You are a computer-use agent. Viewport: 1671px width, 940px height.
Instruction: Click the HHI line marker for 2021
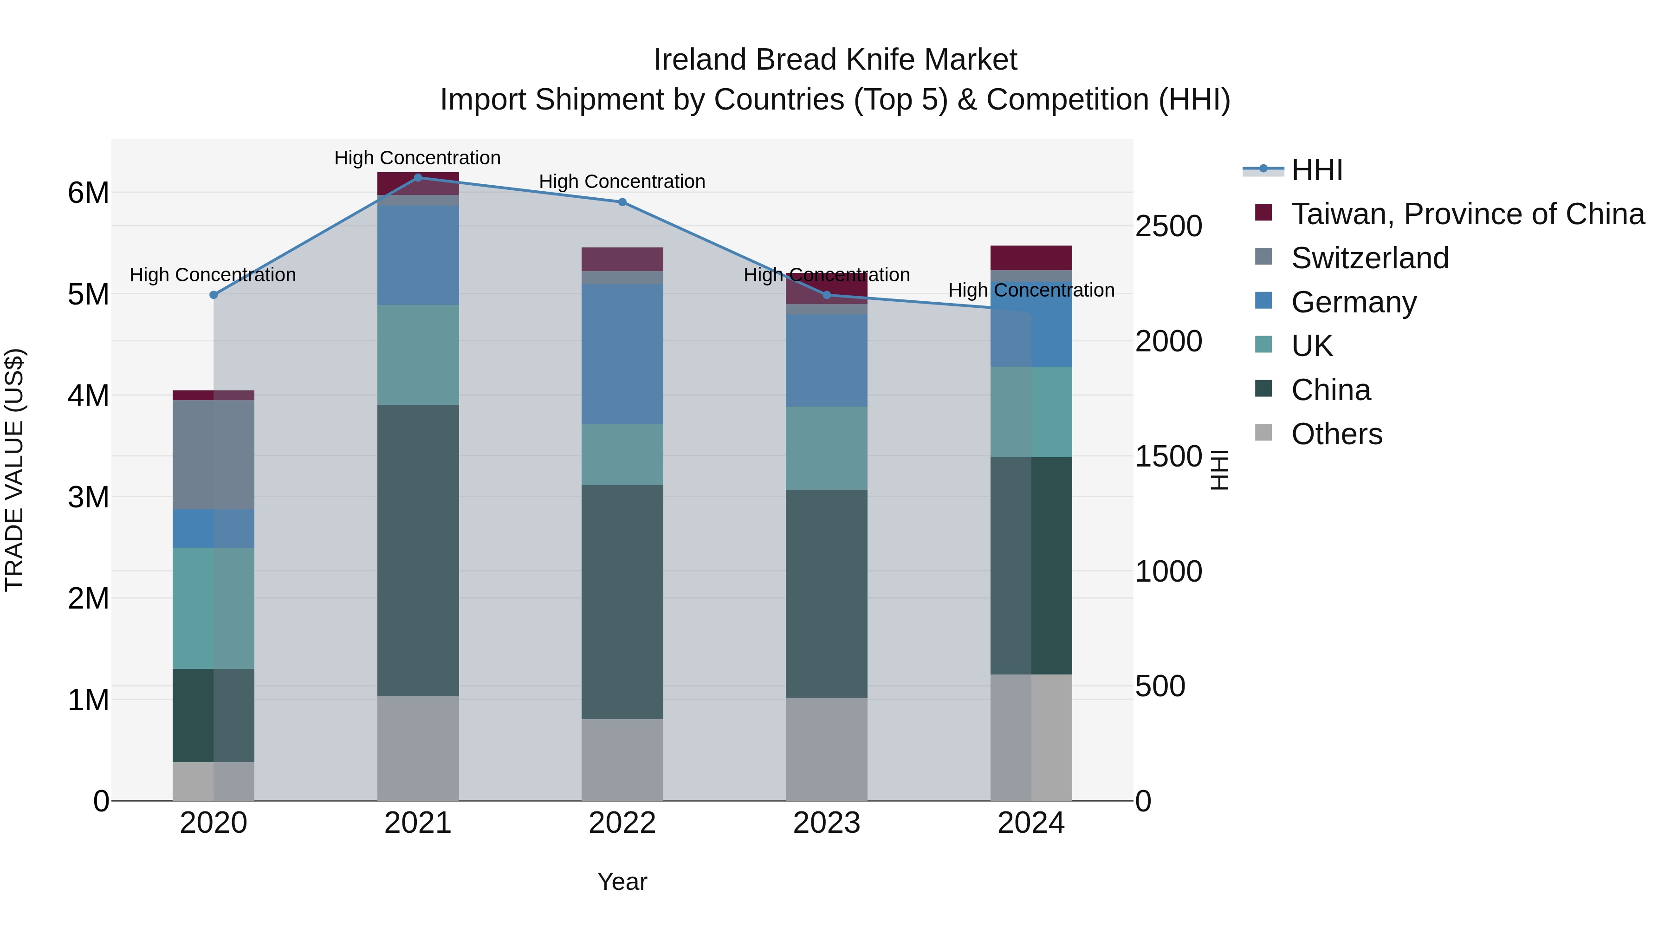(418, 177)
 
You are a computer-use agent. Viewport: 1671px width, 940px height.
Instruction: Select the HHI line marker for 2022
(622, 202)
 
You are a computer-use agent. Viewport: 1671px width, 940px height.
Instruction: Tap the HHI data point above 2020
(214, 294)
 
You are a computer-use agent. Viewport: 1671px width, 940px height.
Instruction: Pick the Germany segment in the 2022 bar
(622, 354)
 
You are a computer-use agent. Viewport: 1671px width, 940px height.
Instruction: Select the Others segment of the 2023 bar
(826, 749)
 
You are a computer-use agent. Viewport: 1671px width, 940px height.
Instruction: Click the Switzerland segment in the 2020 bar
(214, 454)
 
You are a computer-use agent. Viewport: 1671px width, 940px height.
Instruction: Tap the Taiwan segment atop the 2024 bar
(1031, 258)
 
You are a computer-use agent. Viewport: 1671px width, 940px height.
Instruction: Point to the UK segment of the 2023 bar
(826, 447)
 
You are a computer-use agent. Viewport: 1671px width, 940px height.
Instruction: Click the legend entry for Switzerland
(1369, 258)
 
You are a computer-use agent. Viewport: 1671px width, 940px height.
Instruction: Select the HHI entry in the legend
(1316, 170)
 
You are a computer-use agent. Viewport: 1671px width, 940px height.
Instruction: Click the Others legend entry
(1336, 434)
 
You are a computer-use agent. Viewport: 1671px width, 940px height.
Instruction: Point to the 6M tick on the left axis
(88, 193)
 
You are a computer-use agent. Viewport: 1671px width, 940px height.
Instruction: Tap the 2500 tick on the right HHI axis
(1168, 227)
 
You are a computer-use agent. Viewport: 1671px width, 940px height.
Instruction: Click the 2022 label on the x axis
(622, 823)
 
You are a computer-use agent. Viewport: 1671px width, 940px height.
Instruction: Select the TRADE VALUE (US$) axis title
(14, 470)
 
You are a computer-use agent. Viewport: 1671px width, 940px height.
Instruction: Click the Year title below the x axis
(622, 882)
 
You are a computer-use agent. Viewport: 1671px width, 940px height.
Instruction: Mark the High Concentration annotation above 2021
(417, 158)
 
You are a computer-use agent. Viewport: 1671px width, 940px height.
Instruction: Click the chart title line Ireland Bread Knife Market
(835, 60)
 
